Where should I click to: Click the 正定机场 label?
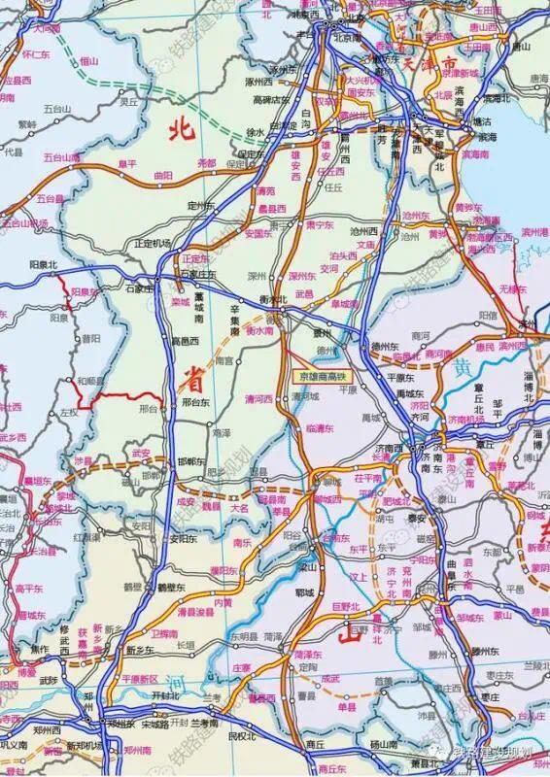coord(154,242)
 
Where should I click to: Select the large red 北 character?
coord(179,126)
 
